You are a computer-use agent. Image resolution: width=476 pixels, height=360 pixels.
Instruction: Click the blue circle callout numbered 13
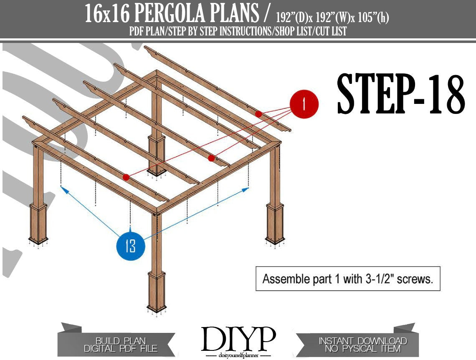click(131, 246)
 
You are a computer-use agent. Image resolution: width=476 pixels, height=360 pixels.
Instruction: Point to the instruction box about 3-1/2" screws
click(348, 279)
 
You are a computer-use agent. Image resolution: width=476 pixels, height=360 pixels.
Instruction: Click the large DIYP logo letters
click(238, 338)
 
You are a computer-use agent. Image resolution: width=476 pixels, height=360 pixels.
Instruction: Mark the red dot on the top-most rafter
click(258, 114)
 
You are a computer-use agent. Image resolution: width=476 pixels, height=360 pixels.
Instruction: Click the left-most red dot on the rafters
click(126, 177)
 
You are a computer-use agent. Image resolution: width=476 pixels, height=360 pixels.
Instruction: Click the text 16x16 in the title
click(106, 15)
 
